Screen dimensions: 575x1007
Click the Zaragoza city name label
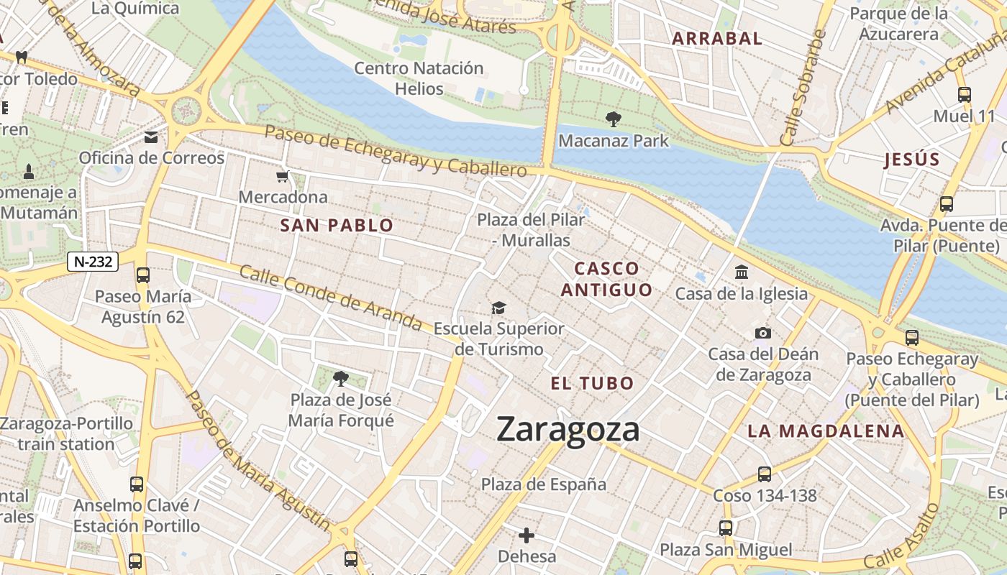coord(568,430)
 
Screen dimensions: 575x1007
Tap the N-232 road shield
coord(93,262)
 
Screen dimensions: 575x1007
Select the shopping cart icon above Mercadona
coord(283,177)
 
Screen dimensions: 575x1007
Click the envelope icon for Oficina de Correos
coord(152,137)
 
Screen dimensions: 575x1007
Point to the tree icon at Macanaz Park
coord(613,119)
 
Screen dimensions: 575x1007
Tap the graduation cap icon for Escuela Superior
coord(498,308)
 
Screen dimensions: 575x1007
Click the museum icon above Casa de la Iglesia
coord(742,272)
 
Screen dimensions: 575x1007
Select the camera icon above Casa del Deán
coord(763,333)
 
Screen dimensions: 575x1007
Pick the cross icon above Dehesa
coord(527,535)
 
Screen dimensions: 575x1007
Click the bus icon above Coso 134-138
coord(765,474)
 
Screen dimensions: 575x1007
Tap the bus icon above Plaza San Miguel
coord(726,529)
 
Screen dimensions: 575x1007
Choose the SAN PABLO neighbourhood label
coord(337,226)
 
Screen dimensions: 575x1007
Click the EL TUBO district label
coord(592,383)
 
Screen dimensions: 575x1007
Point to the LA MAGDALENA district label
coord(825,431)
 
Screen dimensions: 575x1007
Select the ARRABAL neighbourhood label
coord(716,39)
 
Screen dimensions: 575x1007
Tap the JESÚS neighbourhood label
coord(912,160)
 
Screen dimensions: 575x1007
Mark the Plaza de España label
coord(544,484)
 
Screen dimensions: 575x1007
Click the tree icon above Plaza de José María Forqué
coord(341,378)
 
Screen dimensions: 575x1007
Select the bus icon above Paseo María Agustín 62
coord(143,275)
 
